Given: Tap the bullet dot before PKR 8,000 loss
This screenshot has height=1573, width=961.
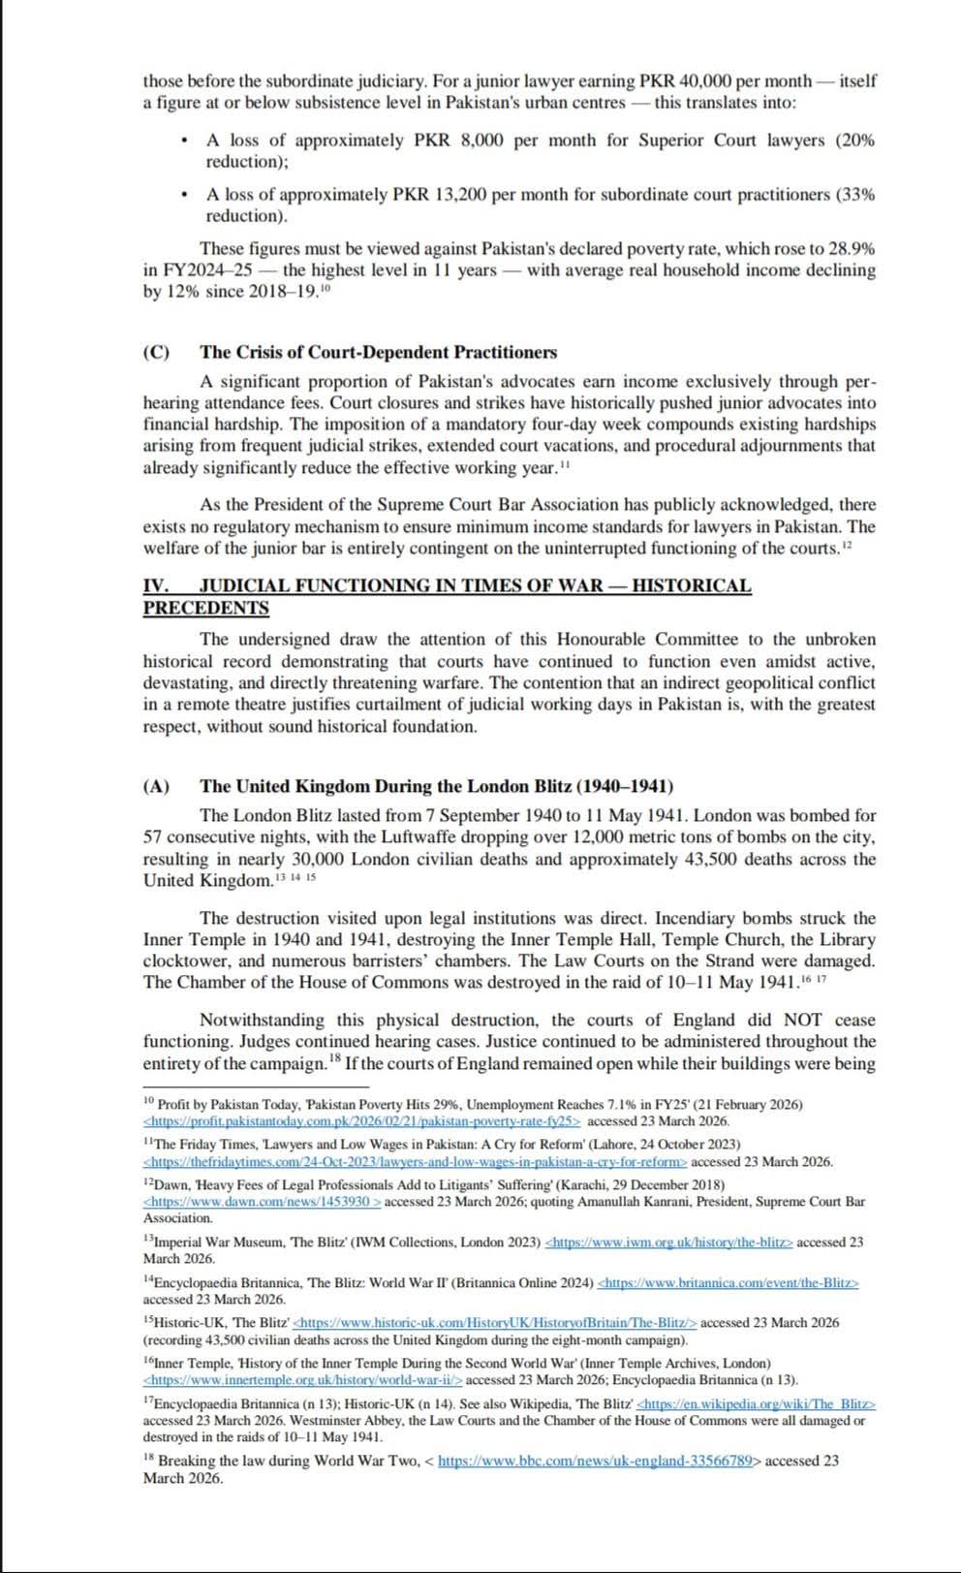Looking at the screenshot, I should point(184,142).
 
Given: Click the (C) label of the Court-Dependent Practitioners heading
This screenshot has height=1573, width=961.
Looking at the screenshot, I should point(156,352).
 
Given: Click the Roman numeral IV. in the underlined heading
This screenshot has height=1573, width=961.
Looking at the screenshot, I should point(157,585).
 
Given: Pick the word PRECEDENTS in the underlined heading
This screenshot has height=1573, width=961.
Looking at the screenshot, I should point(206,608).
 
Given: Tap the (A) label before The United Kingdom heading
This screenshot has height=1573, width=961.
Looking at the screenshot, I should point(156,786).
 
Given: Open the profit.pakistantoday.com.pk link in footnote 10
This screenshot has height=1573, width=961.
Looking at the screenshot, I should point(361,1121).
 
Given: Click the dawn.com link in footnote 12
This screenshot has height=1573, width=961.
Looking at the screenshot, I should point(262,1202).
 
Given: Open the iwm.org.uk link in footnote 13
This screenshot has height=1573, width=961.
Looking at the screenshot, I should point(669,1242).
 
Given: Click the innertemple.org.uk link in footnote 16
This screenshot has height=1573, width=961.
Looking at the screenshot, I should point(302,1379).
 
